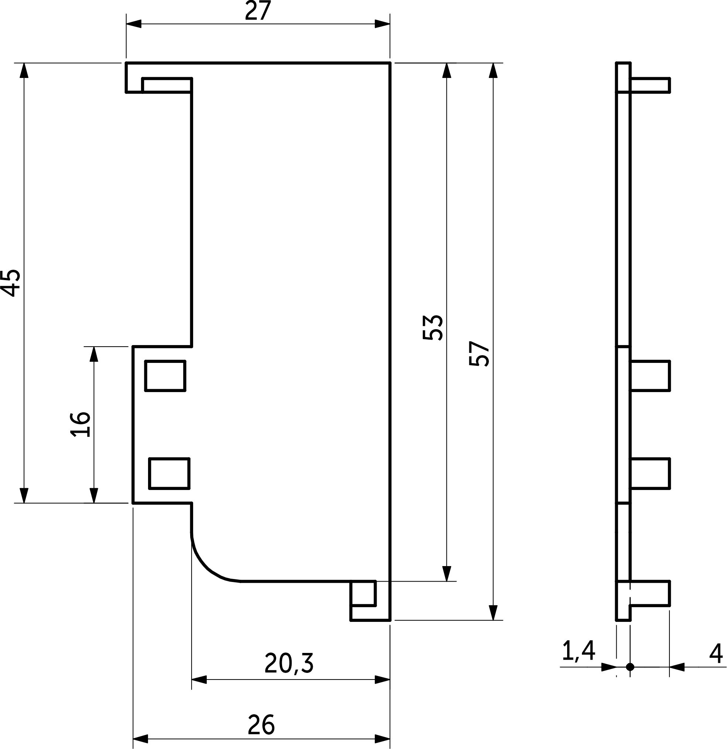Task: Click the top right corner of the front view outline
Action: [390, 63]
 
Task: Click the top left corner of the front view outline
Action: [126, 63]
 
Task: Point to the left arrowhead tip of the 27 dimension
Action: [126, 24]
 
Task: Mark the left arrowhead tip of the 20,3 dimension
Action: [192, 680]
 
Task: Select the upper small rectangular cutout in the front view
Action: [165, 376]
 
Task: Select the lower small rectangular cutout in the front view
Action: [169, 473]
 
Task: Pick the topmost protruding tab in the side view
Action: [650, 85]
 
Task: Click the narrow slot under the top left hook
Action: [167, 85]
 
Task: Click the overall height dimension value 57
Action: [479, 354]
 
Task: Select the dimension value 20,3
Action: [289, 663]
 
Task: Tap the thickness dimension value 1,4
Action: [579, 651]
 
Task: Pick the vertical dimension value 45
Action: [11, 283]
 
